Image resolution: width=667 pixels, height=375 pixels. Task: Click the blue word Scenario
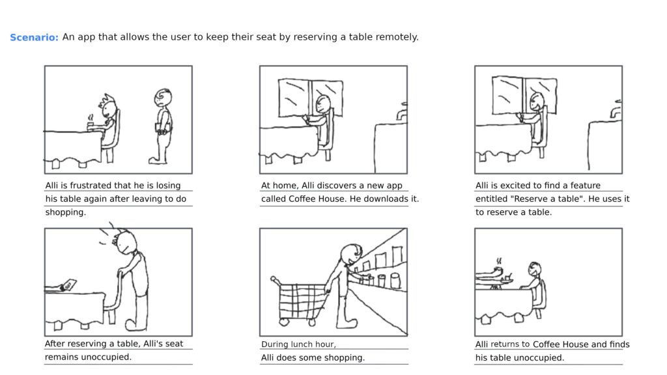pos(34,38)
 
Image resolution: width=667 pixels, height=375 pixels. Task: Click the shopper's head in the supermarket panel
pos(352,253)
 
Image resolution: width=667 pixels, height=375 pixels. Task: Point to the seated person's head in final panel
pos(535,270)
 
